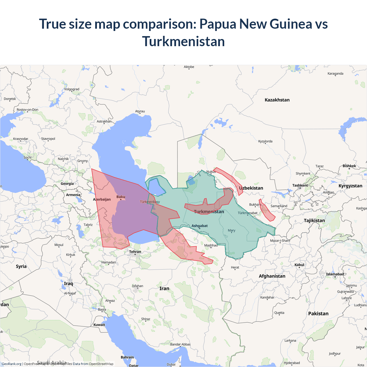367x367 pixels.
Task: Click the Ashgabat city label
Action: pyautogui.click(x=200, y=226)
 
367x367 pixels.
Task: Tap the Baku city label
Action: pyautogui.click(x=121, y=197)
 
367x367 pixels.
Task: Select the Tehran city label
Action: pyautogui.click(x=135, y=252)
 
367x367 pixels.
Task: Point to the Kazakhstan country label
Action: pyautogui.click(x=277, y=100)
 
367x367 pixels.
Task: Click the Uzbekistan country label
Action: pyautogui.click(x=251, y=188)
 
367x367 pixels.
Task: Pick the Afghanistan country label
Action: pyautogui.click(x=272, y=276)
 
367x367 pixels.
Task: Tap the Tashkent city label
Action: pyautogui.click(x=300, y=186)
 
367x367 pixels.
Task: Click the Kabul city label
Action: pyautogui.click(x=299, y=265)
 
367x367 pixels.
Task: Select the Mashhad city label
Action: pyautogui.click(x=211, y=245)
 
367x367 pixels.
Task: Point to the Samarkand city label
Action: pyautogui.click(x=279, y=206)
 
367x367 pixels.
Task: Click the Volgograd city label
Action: pyautogui.click(x=71, y=89)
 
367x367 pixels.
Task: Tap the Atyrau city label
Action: pyautogui.click(x=140, y=111)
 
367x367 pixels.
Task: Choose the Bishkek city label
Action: pyautogui.click(x=349, y=166)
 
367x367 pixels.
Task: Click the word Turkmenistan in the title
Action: pyautogui.click(x=183, y=42)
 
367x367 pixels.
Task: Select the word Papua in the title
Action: pyautogui.click(x=218, y=24)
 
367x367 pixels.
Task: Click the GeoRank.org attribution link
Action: pyautogui.click(x=11, y=364)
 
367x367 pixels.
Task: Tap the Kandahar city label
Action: pyautogui.click(x=267, y=297)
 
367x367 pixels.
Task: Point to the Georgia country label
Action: pyautogui.click(x=67, y=184)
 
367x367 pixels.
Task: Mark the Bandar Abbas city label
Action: pyautogui.click(x=180, y=344)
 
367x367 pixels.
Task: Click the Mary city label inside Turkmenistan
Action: pyautogui.click(x=231, y=231)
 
